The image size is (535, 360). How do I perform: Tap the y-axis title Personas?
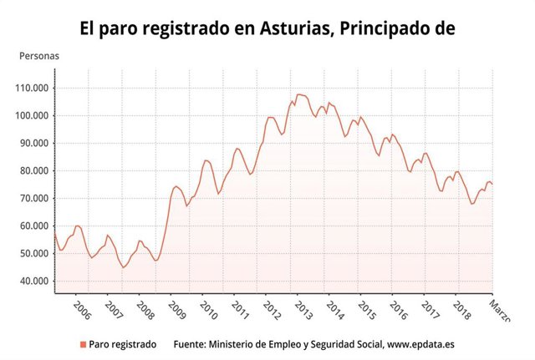39,57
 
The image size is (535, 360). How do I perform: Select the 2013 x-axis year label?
303,311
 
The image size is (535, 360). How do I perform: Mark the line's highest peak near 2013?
299,94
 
